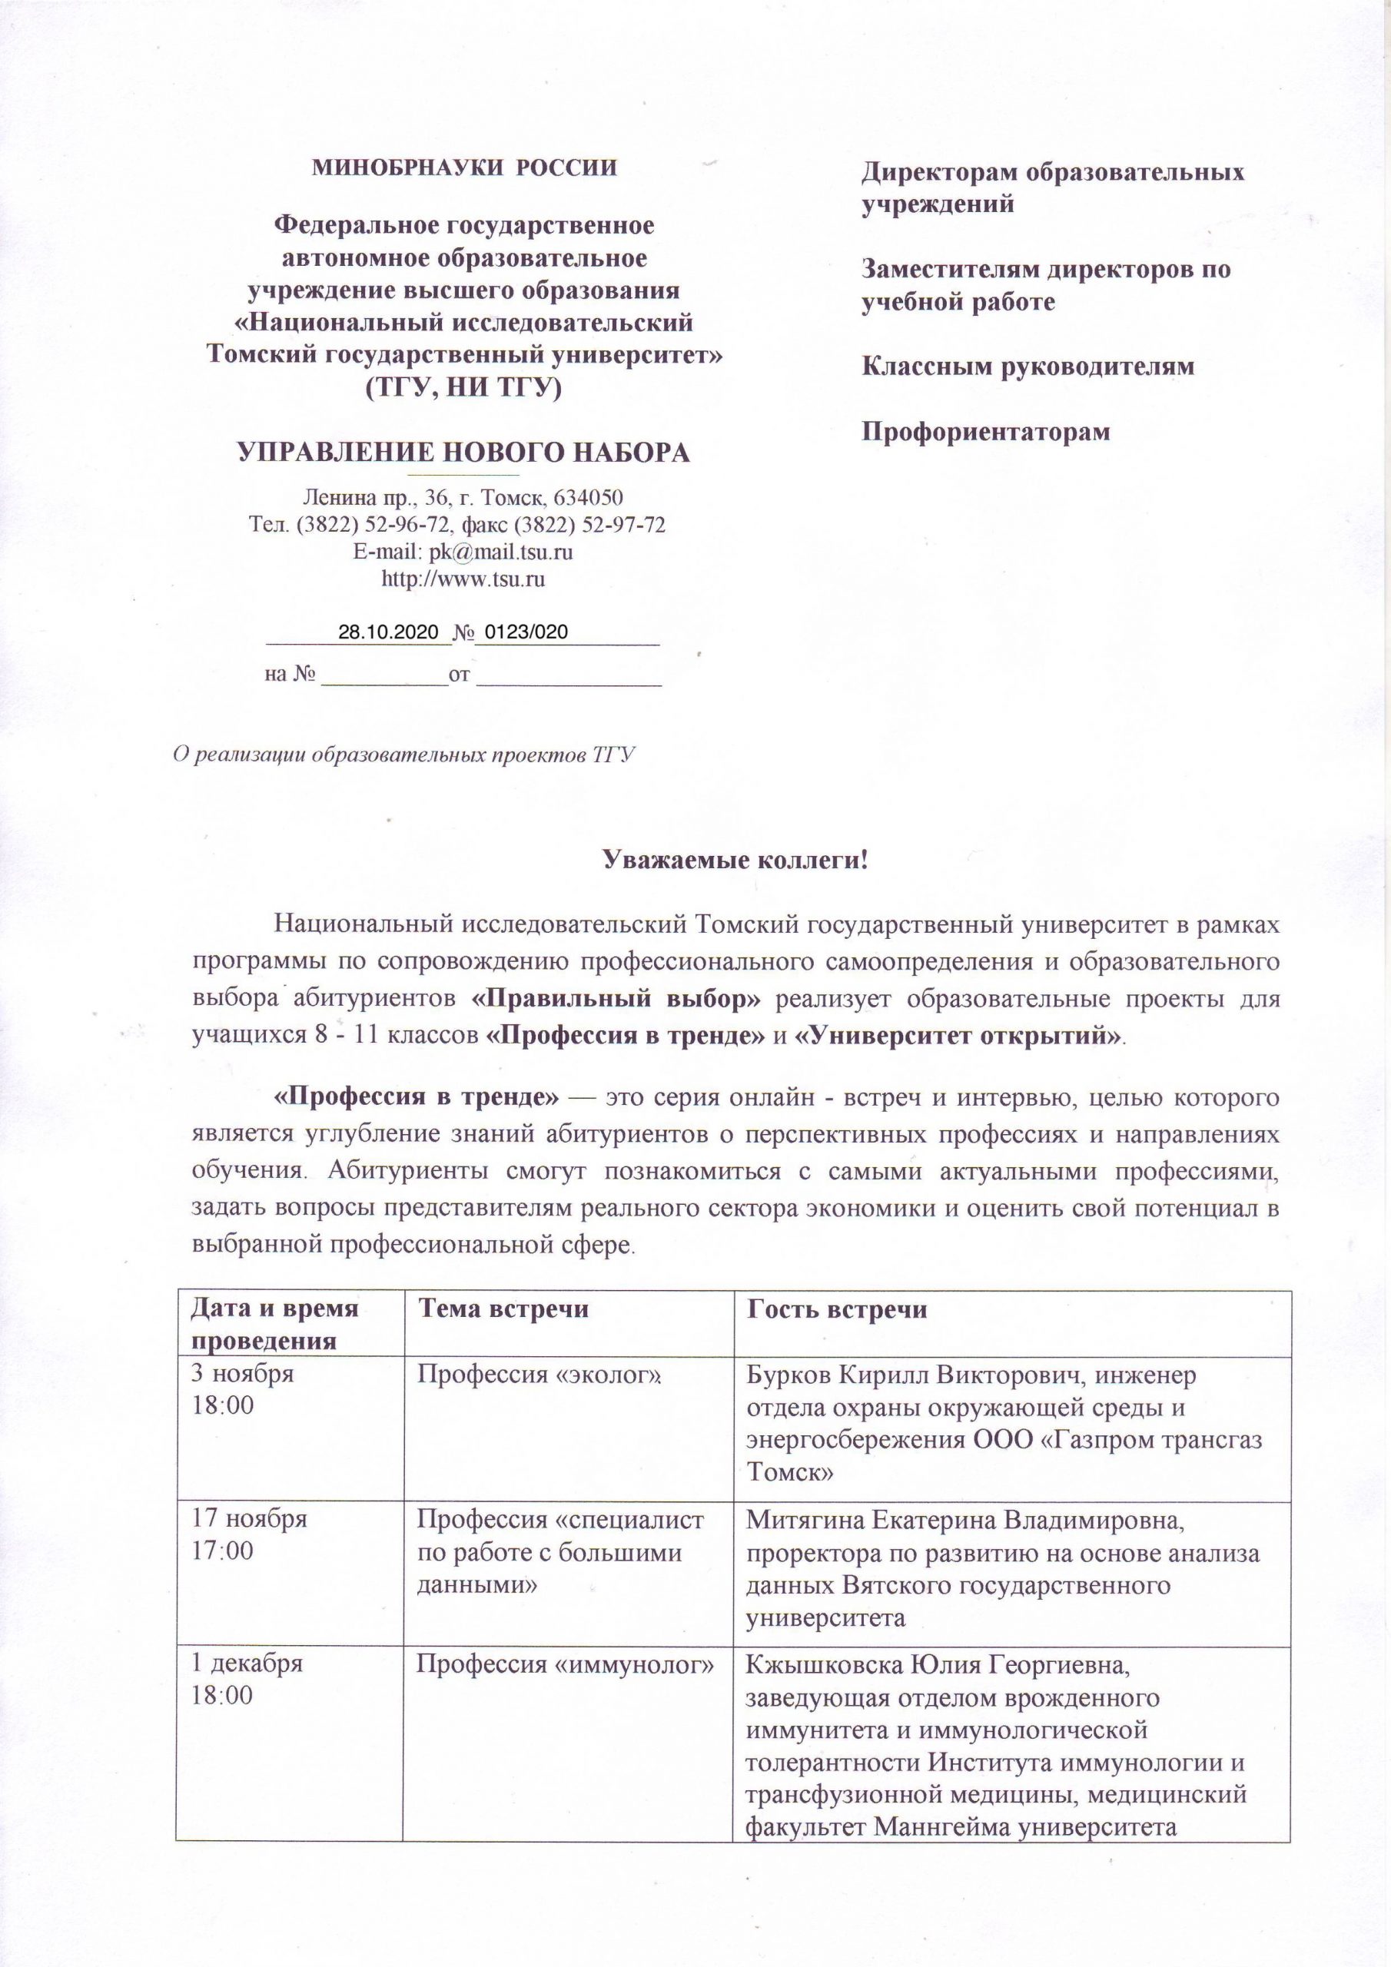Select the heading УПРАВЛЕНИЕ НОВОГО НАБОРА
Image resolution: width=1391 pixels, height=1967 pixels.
pyautogui.click(x=463, y=453)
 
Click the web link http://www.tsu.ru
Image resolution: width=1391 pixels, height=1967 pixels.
pyautogui.click(x=463, y=579)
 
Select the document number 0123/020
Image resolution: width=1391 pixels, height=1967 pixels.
pyautogui.click(x=526, y=633)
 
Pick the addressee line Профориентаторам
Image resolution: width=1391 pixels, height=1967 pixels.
pyautogui.click(x=986, y=431)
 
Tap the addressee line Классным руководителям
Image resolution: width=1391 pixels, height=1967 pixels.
pyautogui.click(x=1027, y=367)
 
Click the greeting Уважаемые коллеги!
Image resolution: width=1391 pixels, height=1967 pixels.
pyautogui.click(x=736, y=859)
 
